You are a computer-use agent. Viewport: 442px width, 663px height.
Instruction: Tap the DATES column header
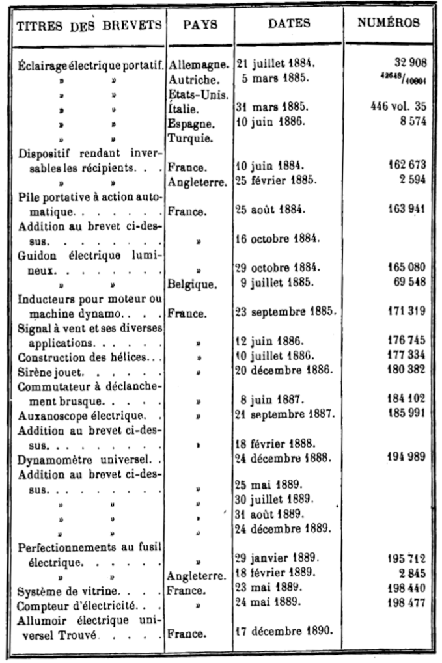tap(289, 24)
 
